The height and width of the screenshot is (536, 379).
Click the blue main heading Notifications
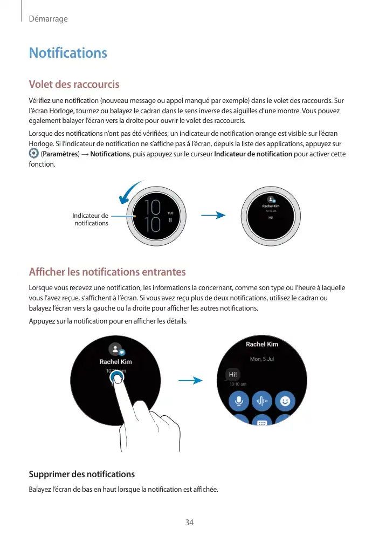(x=68, y=53)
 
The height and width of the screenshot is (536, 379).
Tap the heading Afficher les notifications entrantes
(x=107, y=272)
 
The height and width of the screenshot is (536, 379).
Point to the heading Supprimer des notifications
(x=81, y=474)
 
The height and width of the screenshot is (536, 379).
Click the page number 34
(x=189, y=523)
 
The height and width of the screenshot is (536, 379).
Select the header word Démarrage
(x=48, y=19)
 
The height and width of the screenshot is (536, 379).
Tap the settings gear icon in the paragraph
(x=33, y=154)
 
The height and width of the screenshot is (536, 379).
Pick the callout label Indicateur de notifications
(x=91, y=219)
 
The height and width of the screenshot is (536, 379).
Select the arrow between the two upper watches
(x=212, y=216)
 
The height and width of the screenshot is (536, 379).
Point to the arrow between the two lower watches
(x=190, y=380)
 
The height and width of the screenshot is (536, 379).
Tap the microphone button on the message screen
(x=238, y=401)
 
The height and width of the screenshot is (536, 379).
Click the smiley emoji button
(x=285, y=401)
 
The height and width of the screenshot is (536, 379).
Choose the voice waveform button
(x=262, y=401)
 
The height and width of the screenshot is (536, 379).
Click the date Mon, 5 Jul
(x=262, y=359)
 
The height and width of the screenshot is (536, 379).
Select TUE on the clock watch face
(x=170, y=213)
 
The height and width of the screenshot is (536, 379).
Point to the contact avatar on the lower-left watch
(x=114, y=349)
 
